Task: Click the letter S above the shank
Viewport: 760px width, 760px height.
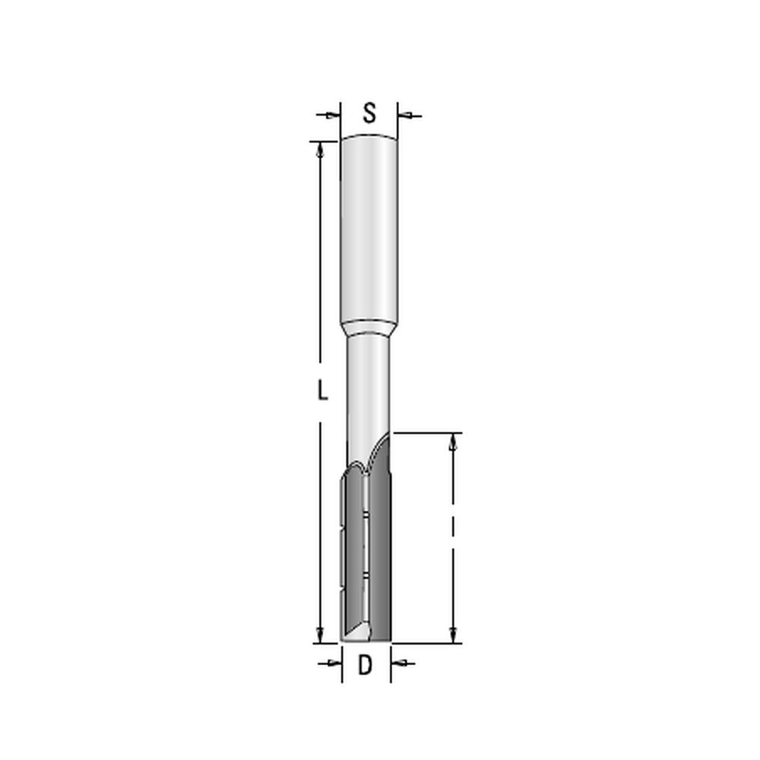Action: (x=369, y=113)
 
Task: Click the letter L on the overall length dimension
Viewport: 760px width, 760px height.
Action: (x=322, y=390)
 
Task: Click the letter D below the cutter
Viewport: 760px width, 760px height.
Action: (x=365, y=665)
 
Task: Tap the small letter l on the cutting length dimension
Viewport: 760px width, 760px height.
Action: (x=453, y=524)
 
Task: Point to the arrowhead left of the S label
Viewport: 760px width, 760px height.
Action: (x=334, y=116)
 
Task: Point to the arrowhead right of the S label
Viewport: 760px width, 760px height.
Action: (x=404, y=116)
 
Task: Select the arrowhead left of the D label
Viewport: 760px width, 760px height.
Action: (x=335, y=663)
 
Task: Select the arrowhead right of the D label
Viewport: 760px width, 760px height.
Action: (x=397, y=663)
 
